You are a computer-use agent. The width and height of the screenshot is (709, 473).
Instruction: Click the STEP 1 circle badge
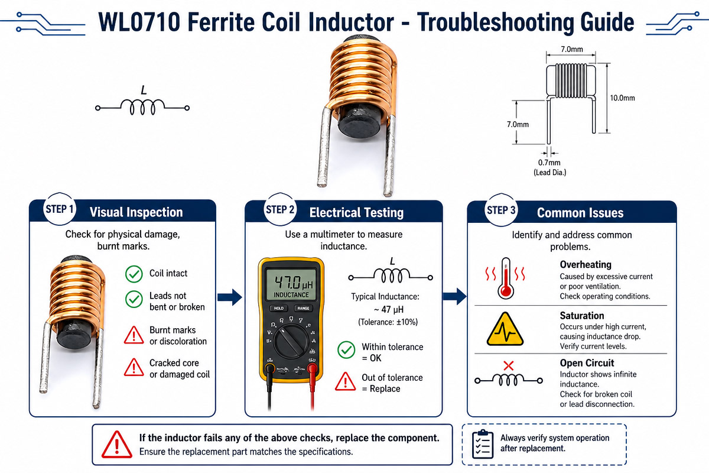click(x=59, y=209)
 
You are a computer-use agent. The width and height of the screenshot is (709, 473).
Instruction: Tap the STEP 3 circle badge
click(x=501, y=210)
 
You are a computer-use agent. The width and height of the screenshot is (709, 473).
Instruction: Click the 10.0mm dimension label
click(x=622, y=98)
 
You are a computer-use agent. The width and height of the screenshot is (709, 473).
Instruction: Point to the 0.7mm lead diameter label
click(x=549, y=163)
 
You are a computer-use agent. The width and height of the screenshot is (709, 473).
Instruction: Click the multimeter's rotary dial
click(x=291, y=342)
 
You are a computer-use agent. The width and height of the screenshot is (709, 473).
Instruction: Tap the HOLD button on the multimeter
click(x=278, y=308)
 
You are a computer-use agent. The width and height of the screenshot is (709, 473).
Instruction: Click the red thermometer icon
click(x=506, y=278)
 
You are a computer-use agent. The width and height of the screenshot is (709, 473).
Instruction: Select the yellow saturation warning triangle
click(x=505, y=329)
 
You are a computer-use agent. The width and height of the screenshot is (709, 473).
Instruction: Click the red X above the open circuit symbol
click(x=508, y=366)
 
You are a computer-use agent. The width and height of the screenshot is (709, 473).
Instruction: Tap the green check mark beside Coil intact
click(x=134, y=274)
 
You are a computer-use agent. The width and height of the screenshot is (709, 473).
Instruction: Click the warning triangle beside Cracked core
click(x=134, y=368)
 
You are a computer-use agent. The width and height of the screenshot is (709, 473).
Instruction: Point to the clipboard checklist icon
click(x=483, y=444)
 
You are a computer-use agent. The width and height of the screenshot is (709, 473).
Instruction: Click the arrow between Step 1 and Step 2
click(x=230, y=297)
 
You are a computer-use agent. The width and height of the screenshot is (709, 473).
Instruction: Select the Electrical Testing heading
click(x=356, y=213)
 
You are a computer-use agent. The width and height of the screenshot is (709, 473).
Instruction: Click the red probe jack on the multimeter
click(x=312, y=368)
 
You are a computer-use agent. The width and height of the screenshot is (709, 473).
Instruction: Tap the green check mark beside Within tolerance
click(x=346, y=350)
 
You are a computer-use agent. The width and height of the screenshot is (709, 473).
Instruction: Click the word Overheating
click(x=586, y=264)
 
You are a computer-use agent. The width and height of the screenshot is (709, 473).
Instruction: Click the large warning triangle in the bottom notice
click(x=117, y=445)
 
